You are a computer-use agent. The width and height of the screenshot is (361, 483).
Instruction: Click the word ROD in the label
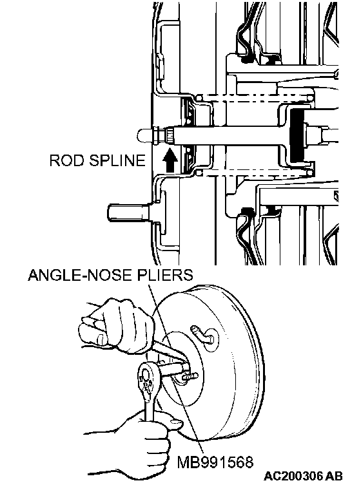(64, 161)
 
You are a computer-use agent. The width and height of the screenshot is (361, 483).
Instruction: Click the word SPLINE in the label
(114, 161)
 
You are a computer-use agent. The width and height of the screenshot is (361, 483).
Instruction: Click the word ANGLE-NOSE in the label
(80, 275)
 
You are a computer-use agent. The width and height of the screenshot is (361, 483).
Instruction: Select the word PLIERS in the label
(165, 275)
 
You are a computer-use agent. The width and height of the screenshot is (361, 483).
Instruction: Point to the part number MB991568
(215, 462)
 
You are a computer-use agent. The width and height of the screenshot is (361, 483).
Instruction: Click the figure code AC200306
(294, 476)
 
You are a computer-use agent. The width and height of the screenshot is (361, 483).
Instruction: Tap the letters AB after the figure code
(334, 476)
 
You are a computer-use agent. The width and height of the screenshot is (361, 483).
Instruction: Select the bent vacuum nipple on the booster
(202, 335)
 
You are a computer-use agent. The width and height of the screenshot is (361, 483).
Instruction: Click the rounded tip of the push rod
(144, 135)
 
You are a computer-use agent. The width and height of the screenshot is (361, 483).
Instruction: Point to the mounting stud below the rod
(128, 213)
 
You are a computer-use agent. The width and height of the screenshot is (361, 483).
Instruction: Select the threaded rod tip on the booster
(190, 376)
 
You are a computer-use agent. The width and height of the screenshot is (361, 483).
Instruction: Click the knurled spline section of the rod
(170, 135)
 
